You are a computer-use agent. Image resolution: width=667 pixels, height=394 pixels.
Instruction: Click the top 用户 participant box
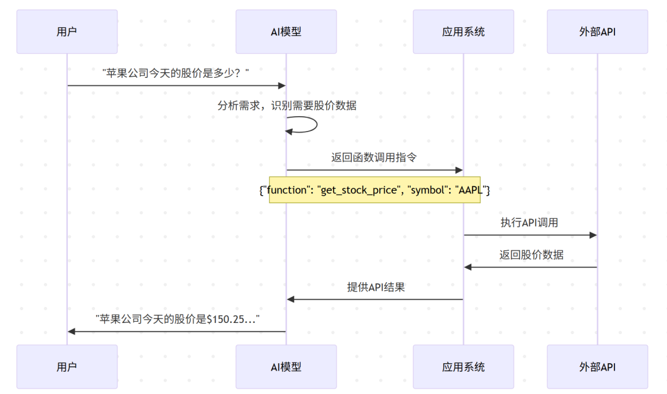click(67, 31)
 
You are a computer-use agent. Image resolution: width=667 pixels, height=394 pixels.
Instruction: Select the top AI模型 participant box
click(286, 31)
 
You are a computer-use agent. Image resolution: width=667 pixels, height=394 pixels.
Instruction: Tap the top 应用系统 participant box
click(463, 31)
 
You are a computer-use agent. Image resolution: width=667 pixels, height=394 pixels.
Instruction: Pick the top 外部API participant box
click(597, 31)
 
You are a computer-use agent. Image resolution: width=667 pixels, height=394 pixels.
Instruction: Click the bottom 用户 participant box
click(67, 367)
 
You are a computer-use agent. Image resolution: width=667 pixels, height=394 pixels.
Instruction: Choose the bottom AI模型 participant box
click(286, 367)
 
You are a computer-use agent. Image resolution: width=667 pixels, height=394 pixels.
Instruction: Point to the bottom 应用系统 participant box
click(463, 367)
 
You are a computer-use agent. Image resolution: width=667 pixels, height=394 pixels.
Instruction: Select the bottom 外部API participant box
click(597, 367)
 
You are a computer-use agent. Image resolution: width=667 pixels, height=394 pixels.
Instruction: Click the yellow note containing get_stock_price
click(374, 190)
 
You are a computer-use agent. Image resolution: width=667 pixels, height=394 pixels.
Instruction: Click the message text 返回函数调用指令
click(374, 157)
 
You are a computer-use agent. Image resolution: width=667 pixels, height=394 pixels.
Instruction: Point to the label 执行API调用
click(529, 222)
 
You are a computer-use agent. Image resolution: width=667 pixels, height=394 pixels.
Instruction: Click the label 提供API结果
click(375, 287)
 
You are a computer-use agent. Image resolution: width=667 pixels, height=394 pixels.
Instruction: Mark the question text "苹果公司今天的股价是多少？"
click(176, 73)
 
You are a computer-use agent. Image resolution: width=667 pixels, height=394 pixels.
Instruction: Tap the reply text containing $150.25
click(177, 319)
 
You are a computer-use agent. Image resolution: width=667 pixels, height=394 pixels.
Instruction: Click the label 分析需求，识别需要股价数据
click(287, 106)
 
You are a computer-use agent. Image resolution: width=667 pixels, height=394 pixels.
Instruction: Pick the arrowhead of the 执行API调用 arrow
click(593, 235)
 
